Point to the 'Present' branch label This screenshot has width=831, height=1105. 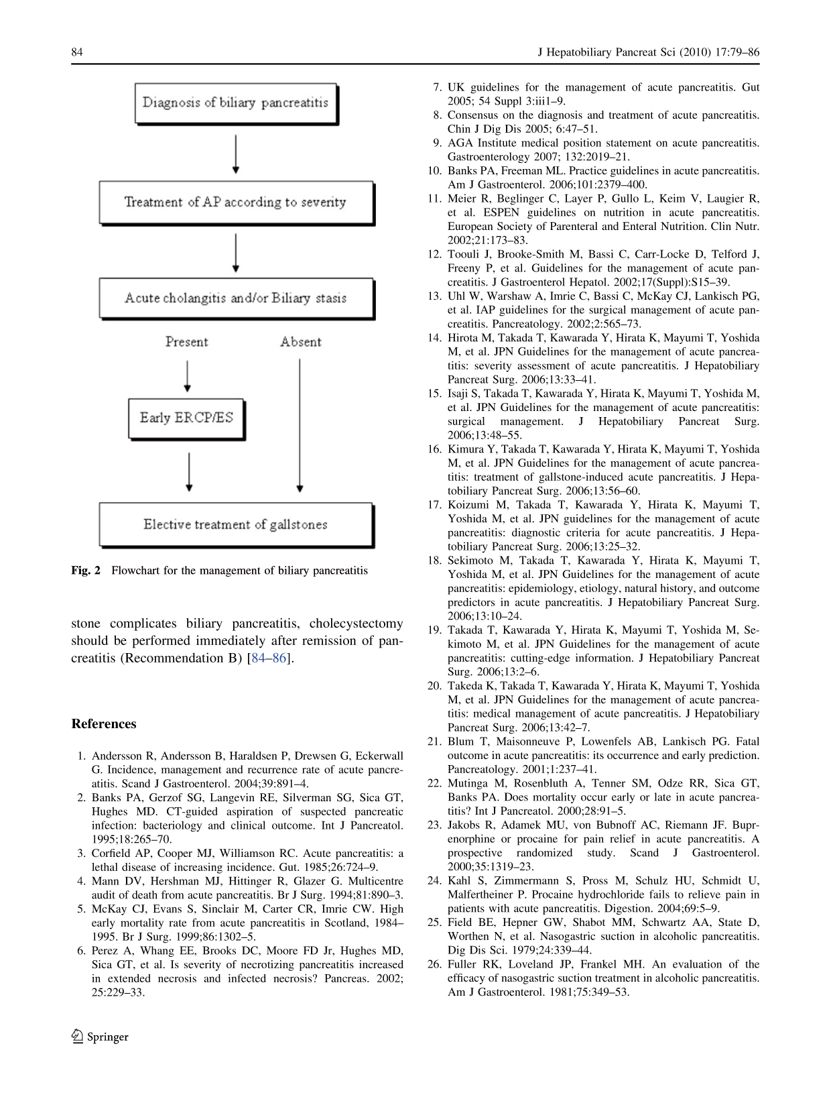click(186, 342)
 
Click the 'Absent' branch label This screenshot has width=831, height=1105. click(301, 342)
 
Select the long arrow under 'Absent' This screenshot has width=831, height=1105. click(300, 425)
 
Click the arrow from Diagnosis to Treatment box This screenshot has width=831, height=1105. click(235, 154)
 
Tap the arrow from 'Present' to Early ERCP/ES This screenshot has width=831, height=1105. click(187, 375)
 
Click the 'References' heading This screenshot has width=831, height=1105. click(104, 724)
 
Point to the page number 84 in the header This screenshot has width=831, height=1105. click(77, 52)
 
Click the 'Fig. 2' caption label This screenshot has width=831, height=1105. click(86, 571)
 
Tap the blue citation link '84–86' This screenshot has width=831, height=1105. click(269, 658)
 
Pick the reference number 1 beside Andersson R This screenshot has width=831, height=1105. click(82, 756)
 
